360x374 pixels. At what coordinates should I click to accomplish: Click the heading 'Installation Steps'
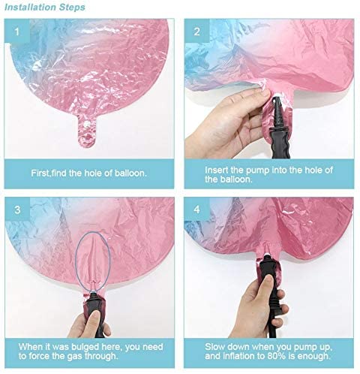point(45,7)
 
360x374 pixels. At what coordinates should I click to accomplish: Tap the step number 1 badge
point(17,32)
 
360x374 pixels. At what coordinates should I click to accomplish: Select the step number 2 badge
point(197,32)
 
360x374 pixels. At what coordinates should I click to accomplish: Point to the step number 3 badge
point(17,210)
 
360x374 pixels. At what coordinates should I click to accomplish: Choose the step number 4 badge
point(197,210)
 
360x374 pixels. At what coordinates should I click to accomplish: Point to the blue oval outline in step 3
point(76,261)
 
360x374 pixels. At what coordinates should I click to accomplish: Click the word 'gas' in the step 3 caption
point(75,357)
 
